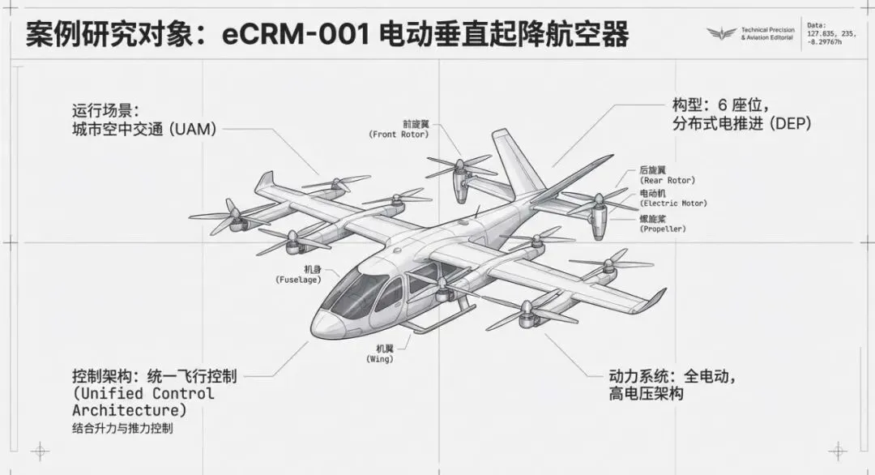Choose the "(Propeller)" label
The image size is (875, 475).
point(664,229)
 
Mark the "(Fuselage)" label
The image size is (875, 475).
point(299,280)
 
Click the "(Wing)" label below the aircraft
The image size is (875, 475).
point(380,358)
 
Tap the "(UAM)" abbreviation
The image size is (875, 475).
point(194,129)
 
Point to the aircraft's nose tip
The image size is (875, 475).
point(316,326)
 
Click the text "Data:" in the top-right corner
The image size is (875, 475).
point(817,25)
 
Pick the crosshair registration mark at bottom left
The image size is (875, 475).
point(40,451)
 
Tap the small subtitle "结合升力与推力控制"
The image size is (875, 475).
point(122,429)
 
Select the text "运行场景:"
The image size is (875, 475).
point(106,109)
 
